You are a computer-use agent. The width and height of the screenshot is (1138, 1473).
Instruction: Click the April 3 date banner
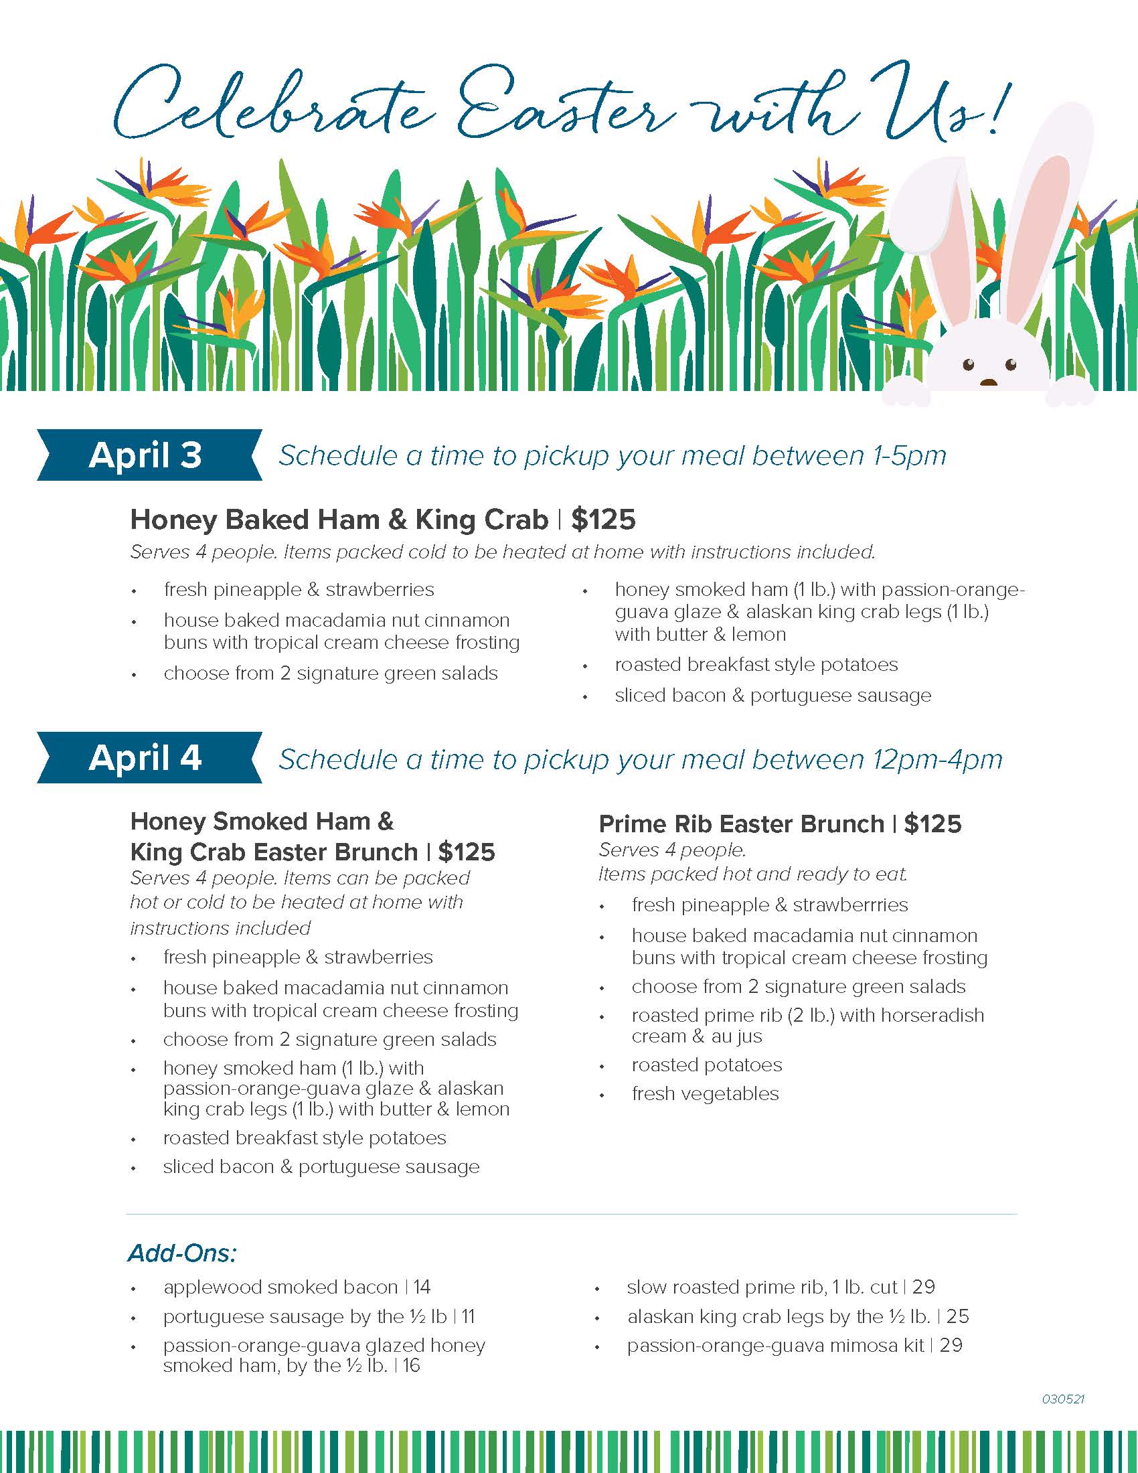pyautogui.click(x=145, y=455)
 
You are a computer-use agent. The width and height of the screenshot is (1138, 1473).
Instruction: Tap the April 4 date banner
pyautogui.click(x=145, y=757)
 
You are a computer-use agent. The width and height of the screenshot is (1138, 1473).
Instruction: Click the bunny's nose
pyautogui.click(x=988, y=382)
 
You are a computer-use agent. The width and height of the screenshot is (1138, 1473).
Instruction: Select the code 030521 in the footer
pyautogui.click(x=1062, y=1399)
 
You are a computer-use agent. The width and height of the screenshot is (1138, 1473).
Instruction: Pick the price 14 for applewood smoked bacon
pyautogui.click(x=422, y=1287)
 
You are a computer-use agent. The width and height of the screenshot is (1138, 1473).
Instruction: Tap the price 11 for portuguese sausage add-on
pyautogui.click(x=469, y=1316)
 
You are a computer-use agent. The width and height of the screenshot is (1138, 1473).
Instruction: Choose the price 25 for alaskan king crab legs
pyautogui.click(x=957, y=1316)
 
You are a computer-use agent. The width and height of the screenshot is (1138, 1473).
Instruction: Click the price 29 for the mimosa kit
pyautogui.click(x=951, y=1346)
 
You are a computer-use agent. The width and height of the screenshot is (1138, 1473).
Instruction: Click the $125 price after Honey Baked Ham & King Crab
pyautogui.click(x=603, y=520)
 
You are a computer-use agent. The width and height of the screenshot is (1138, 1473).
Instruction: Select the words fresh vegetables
pyautogui.click(x=705, y=1093)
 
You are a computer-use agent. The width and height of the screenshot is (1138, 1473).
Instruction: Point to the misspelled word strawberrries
pyautogui.click(x=850, y=905)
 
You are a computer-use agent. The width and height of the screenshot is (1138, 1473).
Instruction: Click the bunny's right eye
pyautogui.click(x=1010, y=365)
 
